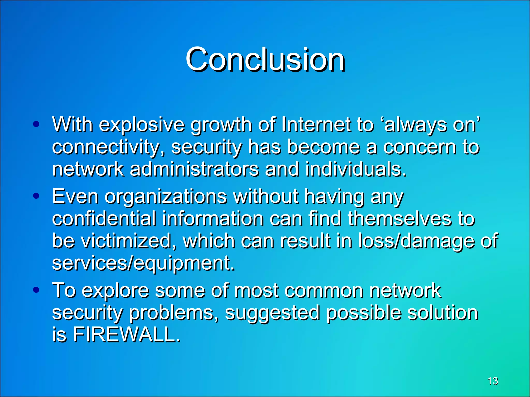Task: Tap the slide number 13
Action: pos(492,381)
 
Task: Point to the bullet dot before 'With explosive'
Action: pos(36,124)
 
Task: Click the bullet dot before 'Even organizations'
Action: pos(36,196)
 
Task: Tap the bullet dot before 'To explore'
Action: pos(36,290)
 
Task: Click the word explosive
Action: pos(142,125)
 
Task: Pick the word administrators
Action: pos(194,169)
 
